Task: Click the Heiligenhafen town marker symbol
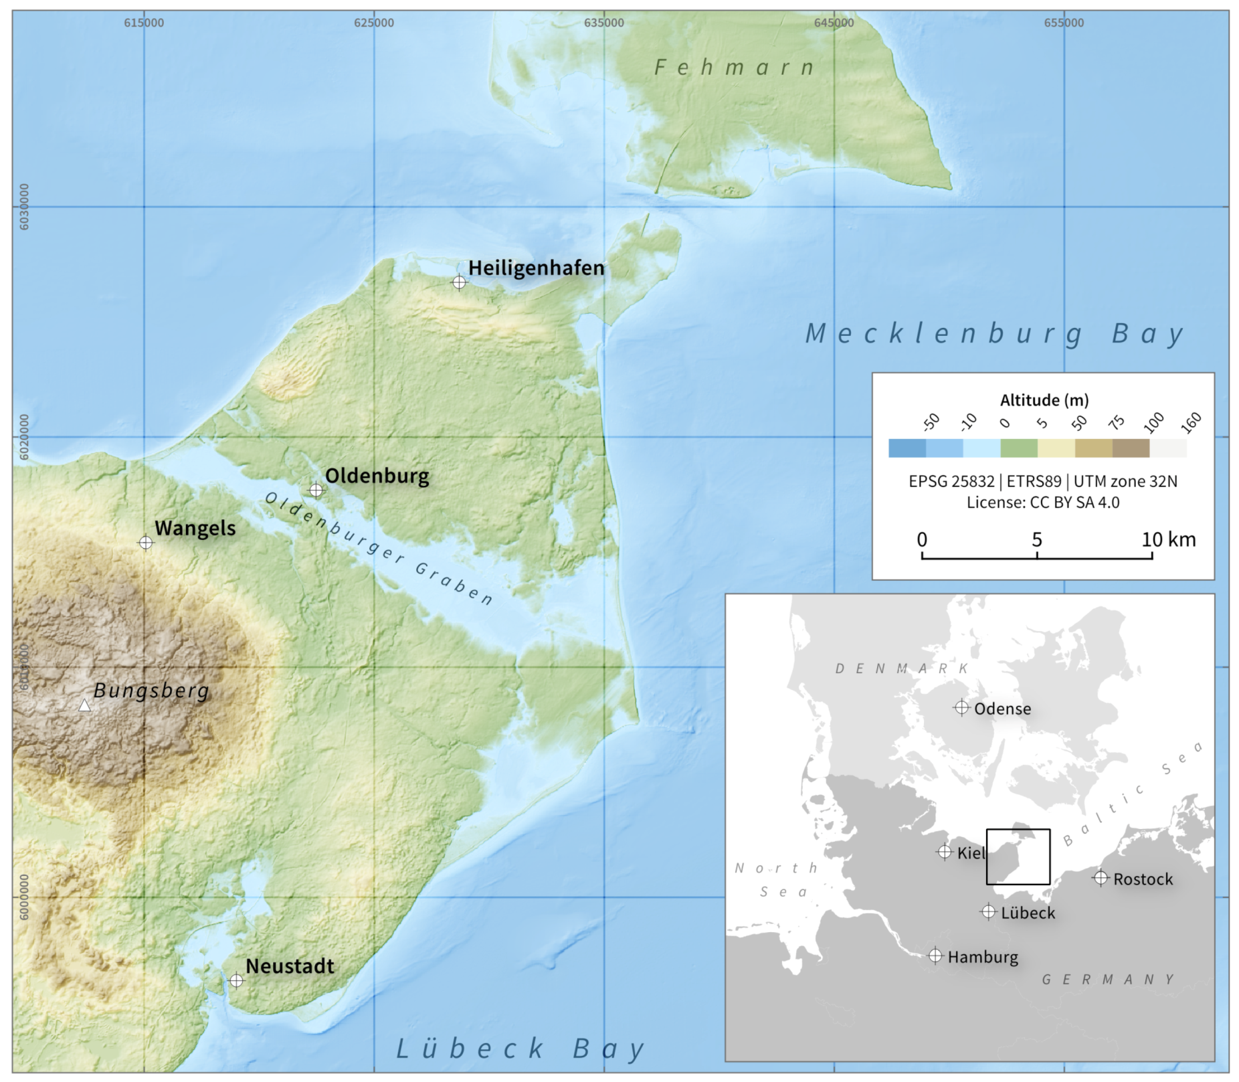coord(459,282)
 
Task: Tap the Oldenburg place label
coord(377,476)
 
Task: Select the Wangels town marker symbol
coord(146,543)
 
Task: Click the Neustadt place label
coord(290,966)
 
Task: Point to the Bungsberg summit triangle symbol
coord(84,705)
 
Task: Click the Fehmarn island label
coord(734,68)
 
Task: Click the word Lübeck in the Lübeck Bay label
coord(471,1049)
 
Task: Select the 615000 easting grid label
coord(144,23)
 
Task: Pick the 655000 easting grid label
coord(1064,23)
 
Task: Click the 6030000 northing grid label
coord(25,207)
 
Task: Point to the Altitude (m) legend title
coord(1044,400)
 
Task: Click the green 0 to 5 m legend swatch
coord(1018,448)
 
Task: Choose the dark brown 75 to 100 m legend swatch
coord(1131,448)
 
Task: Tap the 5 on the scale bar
coord(1036,539)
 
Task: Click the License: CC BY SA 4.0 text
coord(1042,502)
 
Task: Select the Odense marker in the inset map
coord(961,707)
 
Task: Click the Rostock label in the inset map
coord(1143,879)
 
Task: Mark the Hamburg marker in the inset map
coord(935,956)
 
